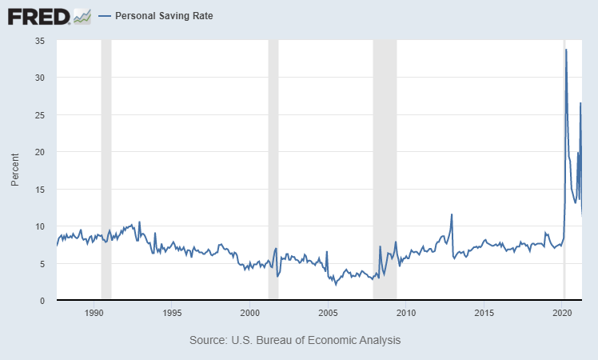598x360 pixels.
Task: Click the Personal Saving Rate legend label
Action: click(164, 16)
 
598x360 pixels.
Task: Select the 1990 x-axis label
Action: click(94, 312)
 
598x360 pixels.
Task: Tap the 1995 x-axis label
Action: click(172, 312)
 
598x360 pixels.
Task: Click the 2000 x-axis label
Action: click(250, 312)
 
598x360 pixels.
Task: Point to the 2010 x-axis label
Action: click(406, 312)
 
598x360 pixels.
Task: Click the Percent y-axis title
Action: click(15, 170)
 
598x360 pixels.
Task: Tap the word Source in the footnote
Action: click(207, 340)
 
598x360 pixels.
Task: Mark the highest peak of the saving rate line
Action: click(566, 50)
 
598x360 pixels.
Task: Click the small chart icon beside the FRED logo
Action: click(82, 16)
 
